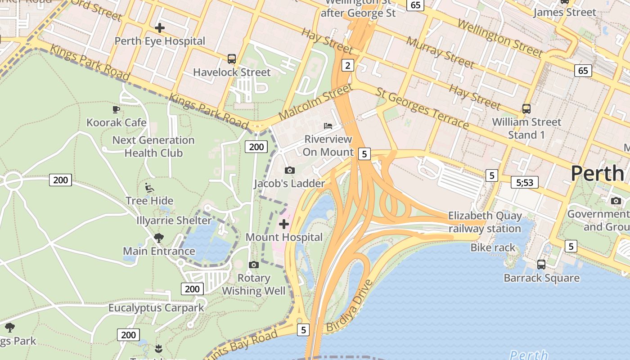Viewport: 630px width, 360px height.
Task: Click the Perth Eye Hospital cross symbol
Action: click(159, 28)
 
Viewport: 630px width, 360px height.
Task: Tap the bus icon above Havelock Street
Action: click(232, 59)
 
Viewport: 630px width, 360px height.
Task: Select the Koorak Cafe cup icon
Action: click(116, 109)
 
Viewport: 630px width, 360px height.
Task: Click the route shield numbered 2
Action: click(347, 66)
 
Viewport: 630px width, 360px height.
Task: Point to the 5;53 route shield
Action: click(525, 182)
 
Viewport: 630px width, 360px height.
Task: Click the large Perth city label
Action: click(597, 173)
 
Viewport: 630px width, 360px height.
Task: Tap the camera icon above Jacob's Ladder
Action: click(290, 170)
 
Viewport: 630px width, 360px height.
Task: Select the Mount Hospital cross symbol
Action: click(284, 224)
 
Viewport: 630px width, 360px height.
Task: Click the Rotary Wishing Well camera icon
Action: click(254, 265)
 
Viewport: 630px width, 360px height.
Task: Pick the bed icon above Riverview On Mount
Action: click(328, 126)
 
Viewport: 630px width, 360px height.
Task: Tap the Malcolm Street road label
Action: click(315, 101)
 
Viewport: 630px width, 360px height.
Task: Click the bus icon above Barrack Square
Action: click(541, 264)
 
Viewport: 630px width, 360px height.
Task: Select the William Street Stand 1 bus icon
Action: click(526, 108)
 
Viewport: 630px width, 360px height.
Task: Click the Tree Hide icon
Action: click(149, 187)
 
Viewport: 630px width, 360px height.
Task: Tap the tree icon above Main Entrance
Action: click(158, 238)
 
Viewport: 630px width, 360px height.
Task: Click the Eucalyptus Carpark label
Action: click(156, 308)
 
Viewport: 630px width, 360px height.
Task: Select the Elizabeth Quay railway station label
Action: click(485, 222)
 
